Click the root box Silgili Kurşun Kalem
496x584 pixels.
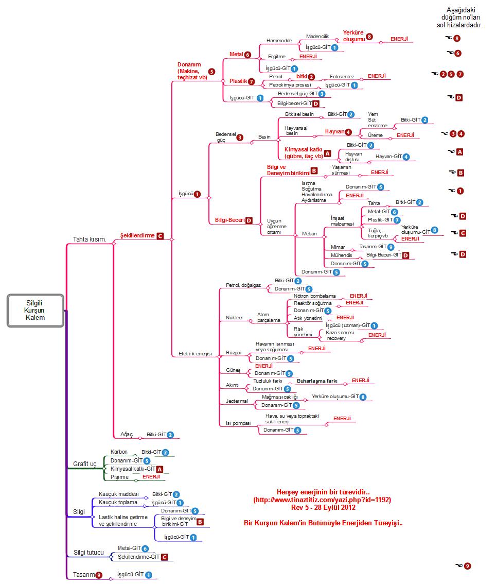pyautogui.click(x=35, y=310)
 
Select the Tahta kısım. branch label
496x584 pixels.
pyautogui.click(x=90, y=239)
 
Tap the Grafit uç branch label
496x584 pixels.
pyautogui.click(x=85, y=463)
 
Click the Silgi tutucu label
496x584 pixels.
pyautogui.click(x=88, y=553)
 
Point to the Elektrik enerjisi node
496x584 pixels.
pyautogui.click(x=195, y=354)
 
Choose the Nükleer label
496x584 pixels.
pyautogui.click(x=234, y=318)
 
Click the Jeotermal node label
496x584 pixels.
pyautogui.click(x=237, y=401)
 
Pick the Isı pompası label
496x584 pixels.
pyautogui.click(x=238, y=423)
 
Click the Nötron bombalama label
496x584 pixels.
pyautogui.click(x=314, y=296)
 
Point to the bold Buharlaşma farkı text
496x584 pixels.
pyautogui.click(x=317, y=381)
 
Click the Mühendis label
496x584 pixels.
pyautogui.click(x=342, y=255)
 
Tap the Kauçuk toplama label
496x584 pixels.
pyautogui.click(x=118, y=502)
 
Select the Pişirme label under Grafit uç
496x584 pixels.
pyautogui.click(x=119, y=477)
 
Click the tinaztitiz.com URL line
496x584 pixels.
pyautogui.click(x=322, y=500)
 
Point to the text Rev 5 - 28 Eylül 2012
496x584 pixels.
pyautogui.click(x=323, y=507)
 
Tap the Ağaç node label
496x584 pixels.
pyautogui.click(x=127, y=435)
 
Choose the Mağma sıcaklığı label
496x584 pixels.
pyautogui.click(x=279, y=397)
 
